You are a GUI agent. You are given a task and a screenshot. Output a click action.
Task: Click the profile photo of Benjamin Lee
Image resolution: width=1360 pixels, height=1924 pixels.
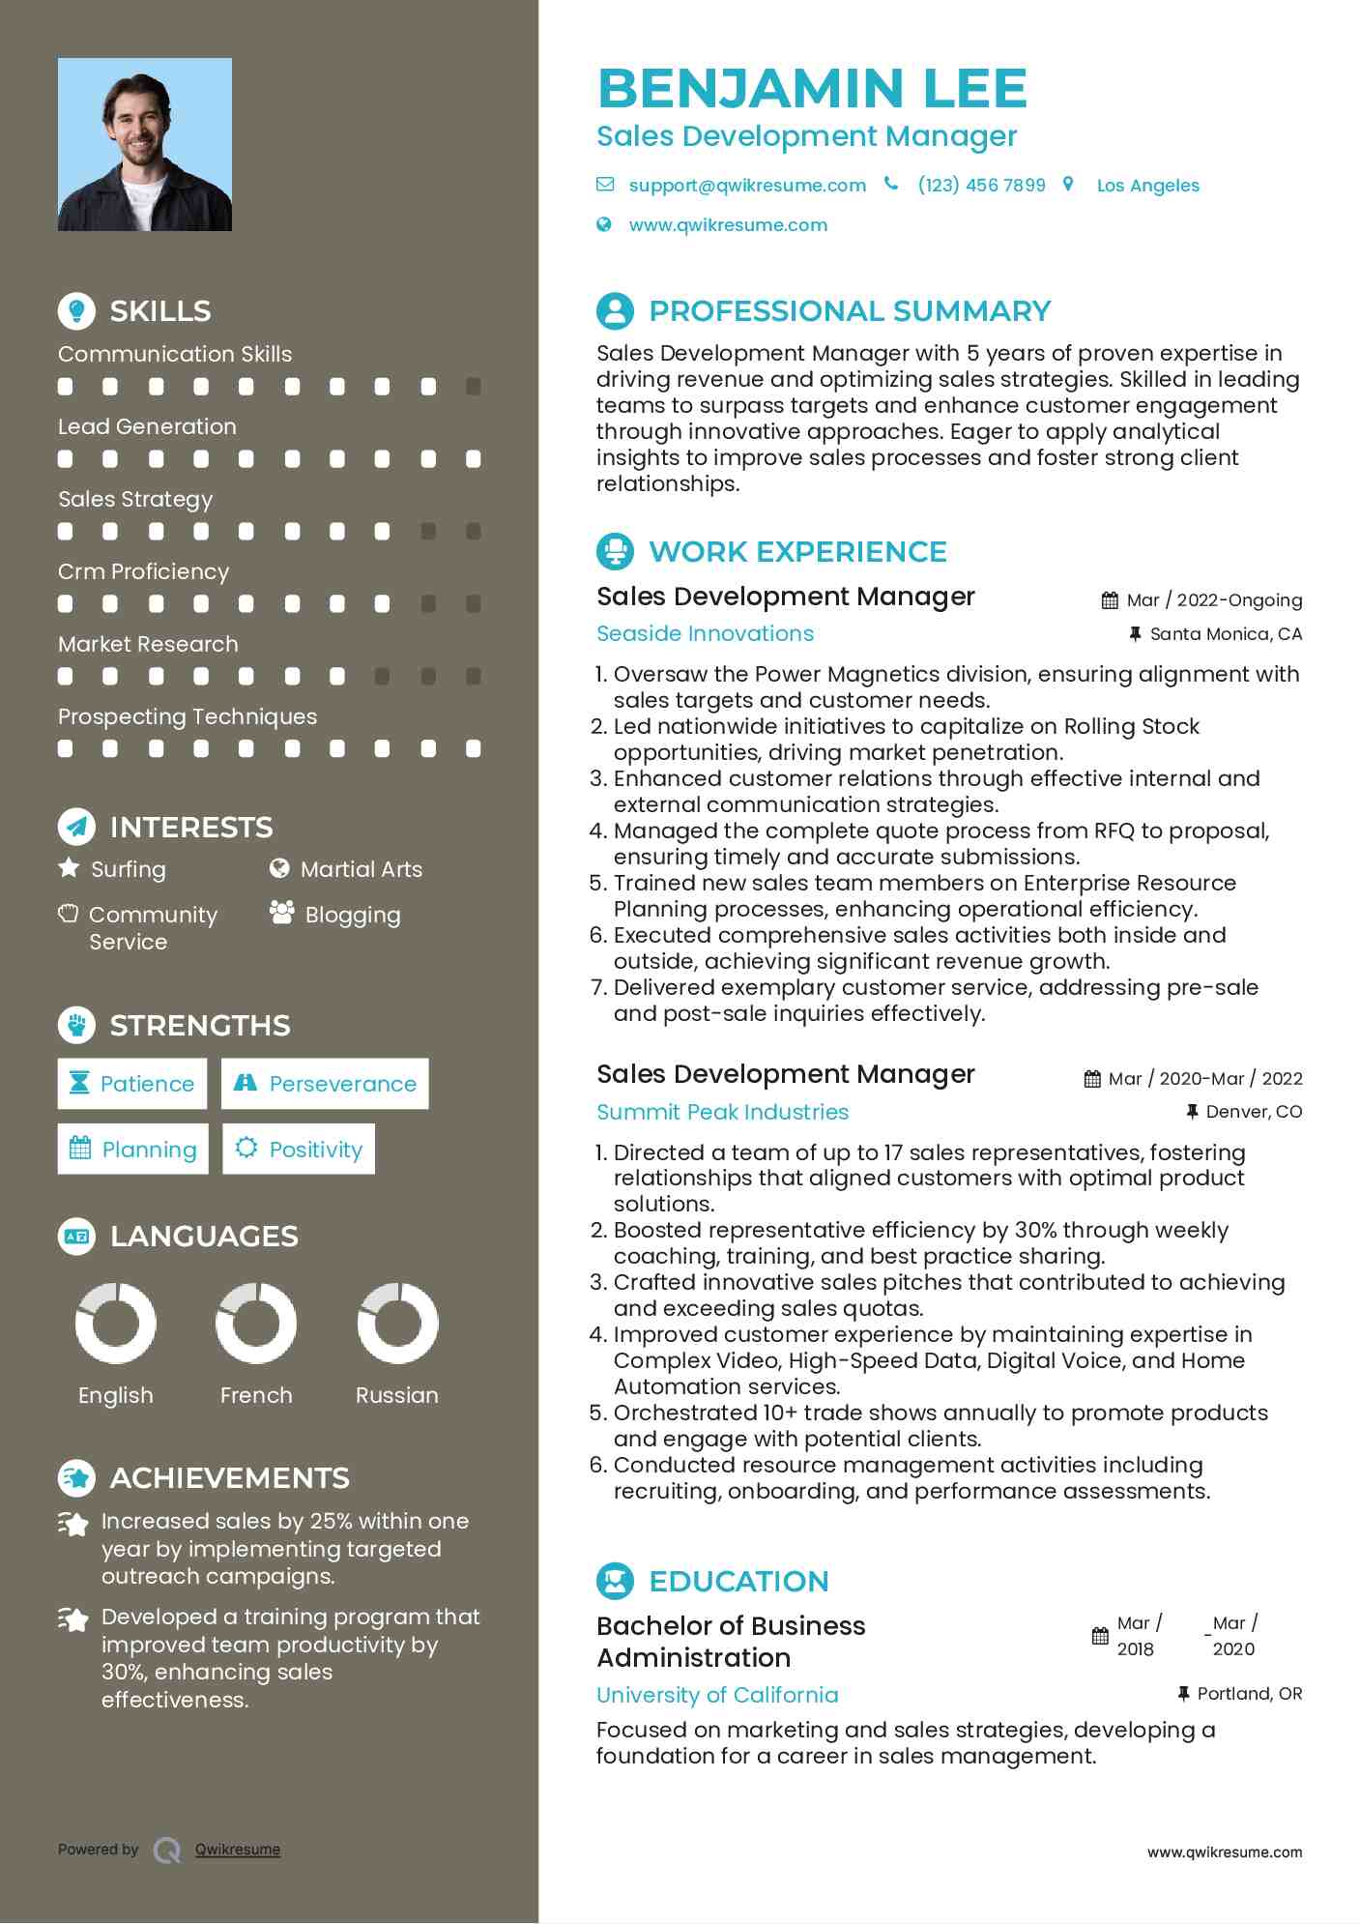tap(145, 145)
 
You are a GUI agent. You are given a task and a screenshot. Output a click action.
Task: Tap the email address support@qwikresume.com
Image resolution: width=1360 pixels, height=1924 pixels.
tap(746, 186)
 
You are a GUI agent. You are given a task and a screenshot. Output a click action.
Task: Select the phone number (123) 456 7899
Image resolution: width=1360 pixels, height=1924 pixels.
tap(981, 186)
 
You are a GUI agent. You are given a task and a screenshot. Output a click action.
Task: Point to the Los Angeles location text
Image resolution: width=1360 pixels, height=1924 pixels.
tap(1147, 186)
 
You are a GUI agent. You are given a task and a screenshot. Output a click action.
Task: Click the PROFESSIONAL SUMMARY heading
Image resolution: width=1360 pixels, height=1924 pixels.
tap(850, 311)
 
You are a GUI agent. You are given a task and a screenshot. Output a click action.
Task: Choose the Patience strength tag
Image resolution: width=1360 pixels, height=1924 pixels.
tap(132, 1084)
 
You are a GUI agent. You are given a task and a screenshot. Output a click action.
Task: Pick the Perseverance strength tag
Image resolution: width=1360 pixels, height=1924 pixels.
tap(325, 1084)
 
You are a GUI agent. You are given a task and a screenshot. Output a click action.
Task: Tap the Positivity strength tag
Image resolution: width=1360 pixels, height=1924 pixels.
tap(299, 1150)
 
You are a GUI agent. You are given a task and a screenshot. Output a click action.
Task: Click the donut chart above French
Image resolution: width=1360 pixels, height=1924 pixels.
tap(256, 1324)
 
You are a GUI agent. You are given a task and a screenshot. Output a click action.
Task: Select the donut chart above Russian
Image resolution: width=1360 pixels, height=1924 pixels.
tap(397, 1324)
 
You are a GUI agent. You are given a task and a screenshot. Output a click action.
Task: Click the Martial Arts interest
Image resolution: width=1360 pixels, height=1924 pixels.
tap(361, 870)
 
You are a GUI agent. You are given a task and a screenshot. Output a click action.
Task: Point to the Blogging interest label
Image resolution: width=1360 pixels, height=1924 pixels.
tap(352, 916)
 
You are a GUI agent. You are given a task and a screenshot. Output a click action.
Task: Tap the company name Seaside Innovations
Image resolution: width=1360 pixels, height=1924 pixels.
tap(705, 634)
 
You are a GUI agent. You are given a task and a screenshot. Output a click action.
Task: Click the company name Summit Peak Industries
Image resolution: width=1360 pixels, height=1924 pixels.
tap(722, 1113)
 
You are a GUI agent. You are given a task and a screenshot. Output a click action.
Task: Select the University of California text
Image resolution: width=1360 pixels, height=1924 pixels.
tap(717, 1696)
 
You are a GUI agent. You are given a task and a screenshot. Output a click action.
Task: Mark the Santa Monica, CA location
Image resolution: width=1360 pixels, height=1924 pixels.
tap(1226, 635)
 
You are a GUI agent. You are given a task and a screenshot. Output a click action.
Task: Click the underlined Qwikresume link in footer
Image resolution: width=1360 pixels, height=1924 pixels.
tap(238, 1851)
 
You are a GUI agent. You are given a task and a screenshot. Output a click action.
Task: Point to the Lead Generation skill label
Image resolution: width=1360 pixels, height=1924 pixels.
tap(147, 427)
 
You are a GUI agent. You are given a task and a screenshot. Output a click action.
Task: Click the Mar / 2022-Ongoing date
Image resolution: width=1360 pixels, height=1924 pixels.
tap(1214, 600)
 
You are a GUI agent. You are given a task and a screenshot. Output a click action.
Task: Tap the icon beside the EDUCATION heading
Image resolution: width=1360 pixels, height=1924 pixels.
tap(615, 1582)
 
